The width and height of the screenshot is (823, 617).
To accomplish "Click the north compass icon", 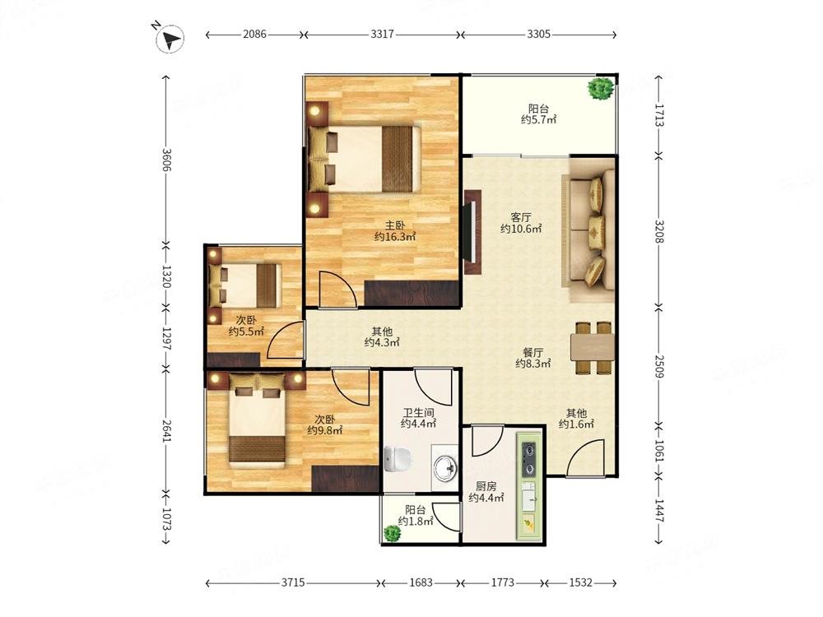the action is point(170,39).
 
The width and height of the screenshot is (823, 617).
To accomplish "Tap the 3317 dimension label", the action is point(382,34).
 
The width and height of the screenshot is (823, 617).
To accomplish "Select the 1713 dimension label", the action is point(659,115).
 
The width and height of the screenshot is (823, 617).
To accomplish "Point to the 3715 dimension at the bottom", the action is point(293,582).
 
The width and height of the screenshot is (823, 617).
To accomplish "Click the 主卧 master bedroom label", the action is point(395,225).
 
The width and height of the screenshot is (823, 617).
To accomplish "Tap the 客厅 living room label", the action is point(521,217).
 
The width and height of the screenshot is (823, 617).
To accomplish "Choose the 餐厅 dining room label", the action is point(532,352).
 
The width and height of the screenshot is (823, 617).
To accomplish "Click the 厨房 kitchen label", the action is point(486,486).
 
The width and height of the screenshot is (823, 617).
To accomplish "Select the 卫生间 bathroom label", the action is point(418,413).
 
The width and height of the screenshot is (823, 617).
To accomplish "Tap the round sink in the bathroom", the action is point(445,466).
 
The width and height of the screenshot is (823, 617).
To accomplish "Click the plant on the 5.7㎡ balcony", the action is point(601,89).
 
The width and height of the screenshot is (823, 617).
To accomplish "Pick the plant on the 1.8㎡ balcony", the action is point(392,534).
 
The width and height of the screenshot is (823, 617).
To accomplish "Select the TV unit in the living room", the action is point(472,231).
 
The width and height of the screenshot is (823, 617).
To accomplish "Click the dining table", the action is point(592,347).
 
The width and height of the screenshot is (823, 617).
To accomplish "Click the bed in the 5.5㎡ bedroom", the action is point(244,285).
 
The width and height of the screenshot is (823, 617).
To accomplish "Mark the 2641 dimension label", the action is point(166,430).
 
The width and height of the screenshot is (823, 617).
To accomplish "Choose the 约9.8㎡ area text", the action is point(325,430).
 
